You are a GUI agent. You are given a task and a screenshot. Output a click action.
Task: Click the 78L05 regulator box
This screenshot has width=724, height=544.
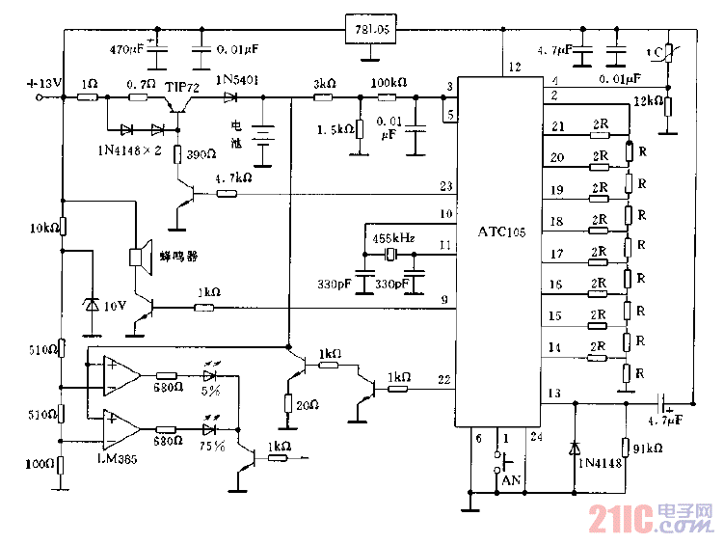point(372,30)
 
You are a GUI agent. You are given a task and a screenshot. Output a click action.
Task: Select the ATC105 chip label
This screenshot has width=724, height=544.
point(502,232)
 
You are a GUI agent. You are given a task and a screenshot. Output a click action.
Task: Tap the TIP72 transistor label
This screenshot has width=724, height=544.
point(183,87)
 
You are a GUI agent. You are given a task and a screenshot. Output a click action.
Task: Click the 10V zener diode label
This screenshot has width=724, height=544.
point(115,306)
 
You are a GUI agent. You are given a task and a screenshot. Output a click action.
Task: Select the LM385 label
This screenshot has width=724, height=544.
point(117,460)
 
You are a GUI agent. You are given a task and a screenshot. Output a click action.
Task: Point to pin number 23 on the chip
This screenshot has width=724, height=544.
point(445,185)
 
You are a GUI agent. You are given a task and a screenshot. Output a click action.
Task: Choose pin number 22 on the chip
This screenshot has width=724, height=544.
point(443,379)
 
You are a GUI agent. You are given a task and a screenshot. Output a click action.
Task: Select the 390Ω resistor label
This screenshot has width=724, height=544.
point(201,155)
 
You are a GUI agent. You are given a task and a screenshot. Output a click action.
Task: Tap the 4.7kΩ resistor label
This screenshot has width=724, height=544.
point(232,178)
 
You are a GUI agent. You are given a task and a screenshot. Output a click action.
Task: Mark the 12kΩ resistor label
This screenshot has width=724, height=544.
point(649,101)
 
